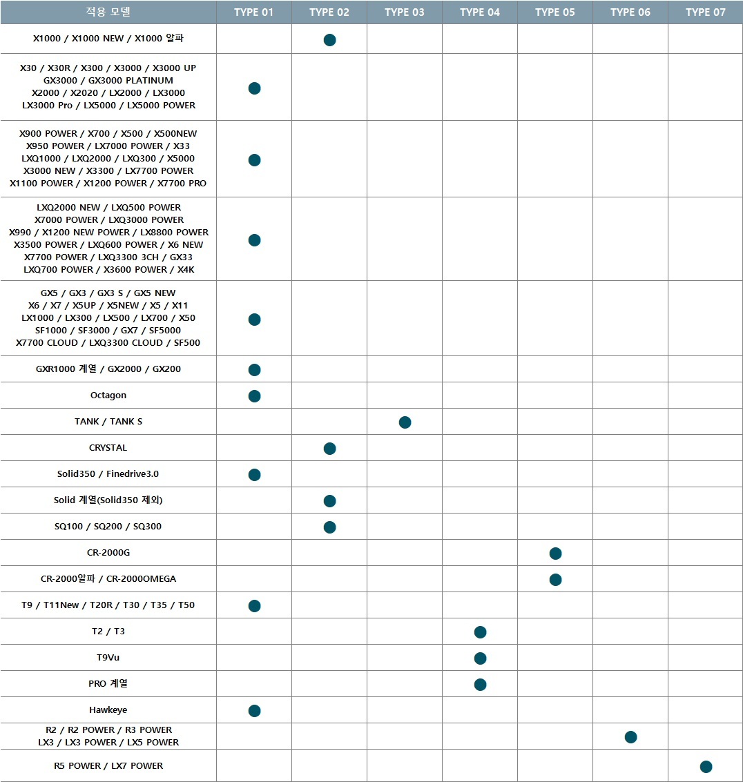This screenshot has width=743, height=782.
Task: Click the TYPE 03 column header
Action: (404, 12)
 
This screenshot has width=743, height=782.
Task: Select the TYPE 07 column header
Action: (705, 12)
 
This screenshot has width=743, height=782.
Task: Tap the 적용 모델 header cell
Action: (108, 12)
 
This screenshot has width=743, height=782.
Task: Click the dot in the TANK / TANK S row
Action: (405, 422)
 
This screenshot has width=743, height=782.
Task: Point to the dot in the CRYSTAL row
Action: (329, 448)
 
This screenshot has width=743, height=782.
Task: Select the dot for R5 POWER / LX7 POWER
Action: (705, 766)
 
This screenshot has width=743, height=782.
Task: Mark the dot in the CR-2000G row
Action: (555, 553)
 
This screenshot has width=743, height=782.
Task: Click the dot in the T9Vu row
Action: (480, 658)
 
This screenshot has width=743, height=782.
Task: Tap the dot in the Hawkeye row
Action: (254, 710)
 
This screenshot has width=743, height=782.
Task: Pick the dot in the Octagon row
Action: (254, 395)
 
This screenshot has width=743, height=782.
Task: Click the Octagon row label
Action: (108, 395)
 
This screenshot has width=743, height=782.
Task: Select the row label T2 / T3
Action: (108, 632)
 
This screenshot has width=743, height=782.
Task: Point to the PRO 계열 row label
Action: (108, 684)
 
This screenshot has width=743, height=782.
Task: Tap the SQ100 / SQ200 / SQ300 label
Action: (108, 527)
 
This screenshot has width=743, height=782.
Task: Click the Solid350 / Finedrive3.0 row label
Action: (108, 474)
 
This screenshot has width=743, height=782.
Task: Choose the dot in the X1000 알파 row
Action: (329, 40)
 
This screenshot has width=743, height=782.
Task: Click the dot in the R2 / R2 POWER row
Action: (630, 736)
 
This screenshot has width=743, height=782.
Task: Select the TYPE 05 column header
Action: (554, 12)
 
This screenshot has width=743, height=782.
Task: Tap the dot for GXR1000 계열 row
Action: (254, 369)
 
